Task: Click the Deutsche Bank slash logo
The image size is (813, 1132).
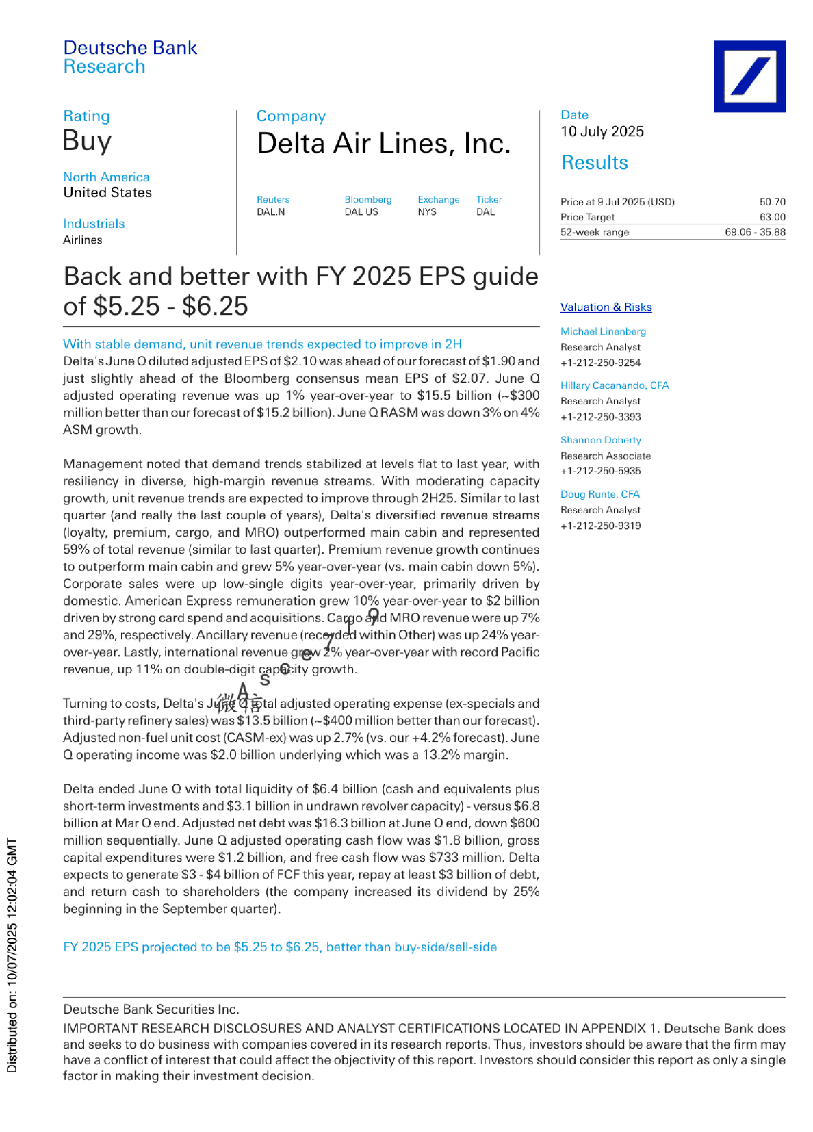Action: pyautogui.click(x=749, y=76)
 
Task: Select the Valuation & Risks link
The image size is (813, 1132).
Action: pyautogui.click(x=606, y=307)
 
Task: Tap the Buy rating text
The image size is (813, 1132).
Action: pyautogui.click(x=87, y=141)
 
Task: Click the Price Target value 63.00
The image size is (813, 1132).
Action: pyautogui.click(x=772, y=217)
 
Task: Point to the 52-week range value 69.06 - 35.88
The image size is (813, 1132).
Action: pyautogui.click(x=755, y=232)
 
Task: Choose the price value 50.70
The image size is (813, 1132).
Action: pyautogui.click(x=772, y=202)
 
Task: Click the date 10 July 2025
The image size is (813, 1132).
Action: pyautogui.click(x=602, y=131)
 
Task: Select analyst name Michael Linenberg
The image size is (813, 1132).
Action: pyautogui.click(x=603, y=331)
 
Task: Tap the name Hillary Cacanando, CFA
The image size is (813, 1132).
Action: pyautogui.click(x=614, y=385)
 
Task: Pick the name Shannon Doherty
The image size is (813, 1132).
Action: pyautogui.click(x=600, y=440)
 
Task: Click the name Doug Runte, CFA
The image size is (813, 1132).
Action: pyautogui.click(x=599, y=494)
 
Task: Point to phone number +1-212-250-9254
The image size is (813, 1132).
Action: pyautogui.click(x=600, y=363)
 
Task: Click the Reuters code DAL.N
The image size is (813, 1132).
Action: pyautogui.click(x=270, y=212)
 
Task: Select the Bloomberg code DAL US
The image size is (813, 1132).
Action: pyautogui.click(x=361, y=212)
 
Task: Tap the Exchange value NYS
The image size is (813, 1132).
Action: pyautogui.click(x=427, y=212)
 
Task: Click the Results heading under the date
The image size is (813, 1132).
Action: pyautogui.click(x=594, y=163)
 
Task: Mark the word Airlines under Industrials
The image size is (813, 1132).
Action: pyautogui.click(x=82, y=240)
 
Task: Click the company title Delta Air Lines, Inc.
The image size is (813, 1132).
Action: pyautogui.click(x=383, y=144)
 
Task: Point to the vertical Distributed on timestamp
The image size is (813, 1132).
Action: pyautogui.click(x=12, y=955)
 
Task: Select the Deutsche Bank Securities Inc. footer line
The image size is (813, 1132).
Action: pyautogui.click(x=151, y=1009)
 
